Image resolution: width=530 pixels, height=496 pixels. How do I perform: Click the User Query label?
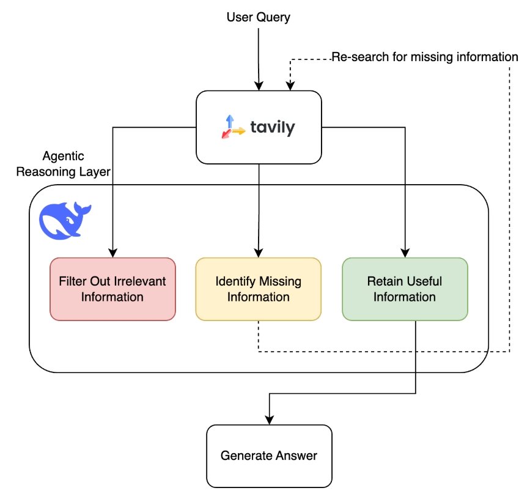tap(258, 17)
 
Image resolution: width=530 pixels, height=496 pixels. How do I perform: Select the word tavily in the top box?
tap(273, 128)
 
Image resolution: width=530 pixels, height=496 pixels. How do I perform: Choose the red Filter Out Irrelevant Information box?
tap(112, 289)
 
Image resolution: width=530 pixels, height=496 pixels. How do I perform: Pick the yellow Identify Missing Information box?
tap(258, 289)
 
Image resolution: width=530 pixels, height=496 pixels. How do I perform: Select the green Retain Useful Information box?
tap(405, 289)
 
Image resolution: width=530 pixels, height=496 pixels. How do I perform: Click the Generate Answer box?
tap(269, 456)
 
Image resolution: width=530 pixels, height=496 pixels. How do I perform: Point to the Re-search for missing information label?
tap(425, 57)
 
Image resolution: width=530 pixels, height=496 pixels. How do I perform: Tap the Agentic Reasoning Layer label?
tap(64, 164)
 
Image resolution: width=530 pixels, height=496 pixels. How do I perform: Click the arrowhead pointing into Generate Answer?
tap(269, 421)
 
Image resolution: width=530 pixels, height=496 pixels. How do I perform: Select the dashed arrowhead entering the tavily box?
tap(290, 86)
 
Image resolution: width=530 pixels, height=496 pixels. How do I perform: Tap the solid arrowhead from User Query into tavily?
tap(259, 86)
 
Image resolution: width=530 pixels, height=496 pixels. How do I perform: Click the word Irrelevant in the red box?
tap(140, 282)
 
